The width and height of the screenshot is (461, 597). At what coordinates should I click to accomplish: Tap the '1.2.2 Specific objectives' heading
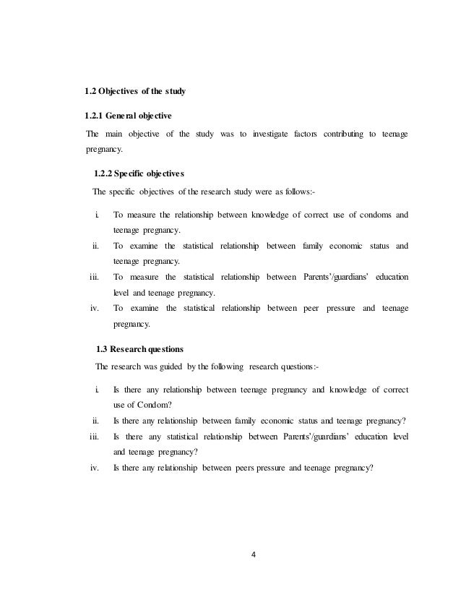(139, 174)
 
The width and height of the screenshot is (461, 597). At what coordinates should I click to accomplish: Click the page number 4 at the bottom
(254, 556)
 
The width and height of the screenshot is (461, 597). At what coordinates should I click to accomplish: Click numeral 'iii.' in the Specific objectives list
(93, 277)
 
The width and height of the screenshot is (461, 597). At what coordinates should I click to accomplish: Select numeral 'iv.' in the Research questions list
(94, 467)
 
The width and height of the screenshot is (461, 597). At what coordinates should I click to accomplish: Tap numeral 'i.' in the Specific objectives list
(96, 215)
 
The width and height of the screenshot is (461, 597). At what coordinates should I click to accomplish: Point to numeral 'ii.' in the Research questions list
(95, 421)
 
